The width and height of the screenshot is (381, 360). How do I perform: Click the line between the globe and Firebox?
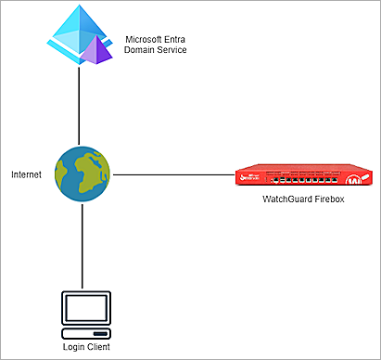(171, 174)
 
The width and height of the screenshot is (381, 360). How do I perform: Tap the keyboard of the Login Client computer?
(84, 332)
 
